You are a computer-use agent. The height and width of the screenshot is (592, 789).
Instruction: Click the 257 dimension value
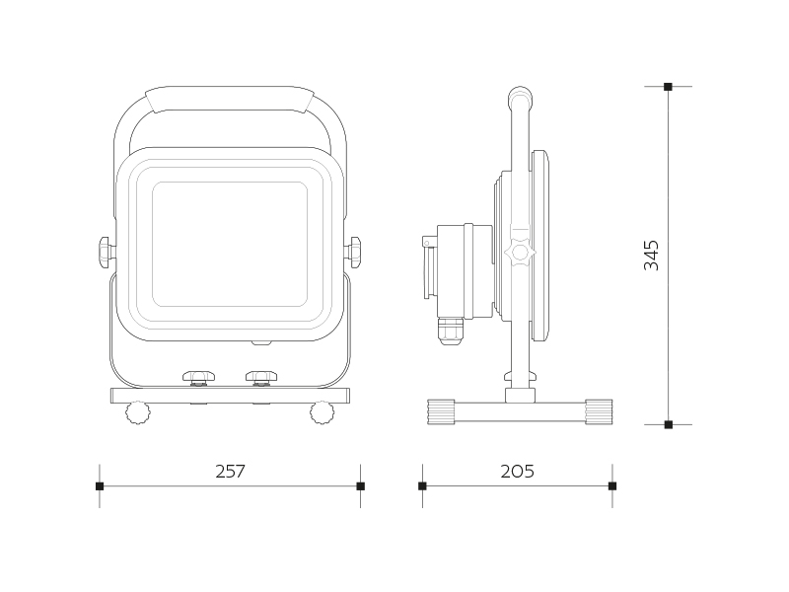[230, 472]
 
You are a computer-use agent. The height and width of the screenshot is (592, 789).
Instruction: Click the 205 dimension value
[517, 472]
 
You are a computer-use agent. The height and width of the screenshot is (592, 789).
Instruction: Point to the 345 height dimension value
[651, 256]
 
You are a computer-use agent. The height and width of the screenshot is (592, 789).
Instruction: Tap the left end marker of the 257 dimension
[100, 486]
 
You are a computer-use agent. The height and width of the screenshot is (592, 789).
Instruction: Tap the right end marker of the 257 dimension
[360, 486]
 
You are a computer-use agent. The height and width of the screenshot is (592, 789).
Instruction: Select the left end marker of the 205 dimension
[422, 486]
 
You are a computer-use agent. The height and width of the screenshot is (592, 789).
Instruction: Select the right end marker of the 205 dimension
[612, 486]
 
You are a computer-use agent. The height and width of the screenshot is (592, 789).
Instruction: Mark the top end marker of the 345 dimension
[669, 87]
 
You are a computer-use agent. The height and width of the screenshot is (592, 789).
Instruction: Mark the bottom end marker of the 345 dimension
[669, 425]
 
